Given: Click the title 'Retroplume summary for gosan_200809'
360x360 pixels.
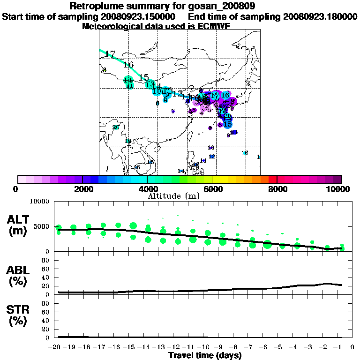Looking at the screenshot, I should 180,6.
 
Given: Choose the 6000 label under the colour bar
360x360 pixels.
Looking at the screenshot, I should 212,189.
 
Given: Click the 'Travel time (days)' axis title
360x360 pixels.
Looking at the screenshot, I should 205,356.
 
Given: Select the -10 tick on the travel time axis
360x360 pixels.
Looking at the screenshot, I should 206,347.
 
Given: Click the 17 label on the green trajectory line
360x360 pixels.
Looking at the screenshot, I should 110,54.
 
